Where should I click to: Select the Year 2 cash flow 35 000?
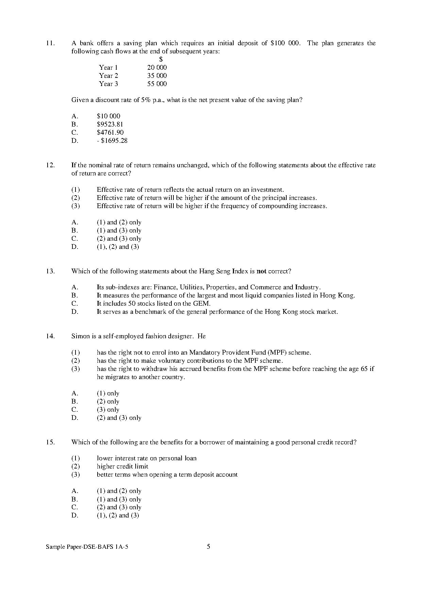point(157,75)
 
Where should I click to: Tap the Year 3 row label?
point(108,84)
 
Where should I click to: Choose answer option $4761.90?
point(110,132)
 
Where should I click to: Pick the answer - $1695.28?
point(112,140)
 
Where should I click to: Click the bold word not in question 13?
point(261,271)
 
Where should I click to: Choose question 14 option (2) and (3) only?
point(119,418)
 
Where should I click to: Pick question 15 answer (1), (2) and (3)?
point(118,515)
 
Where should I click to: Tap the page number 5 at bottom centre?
point(208,547)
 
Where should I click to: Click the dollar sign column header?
point(161,59)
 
